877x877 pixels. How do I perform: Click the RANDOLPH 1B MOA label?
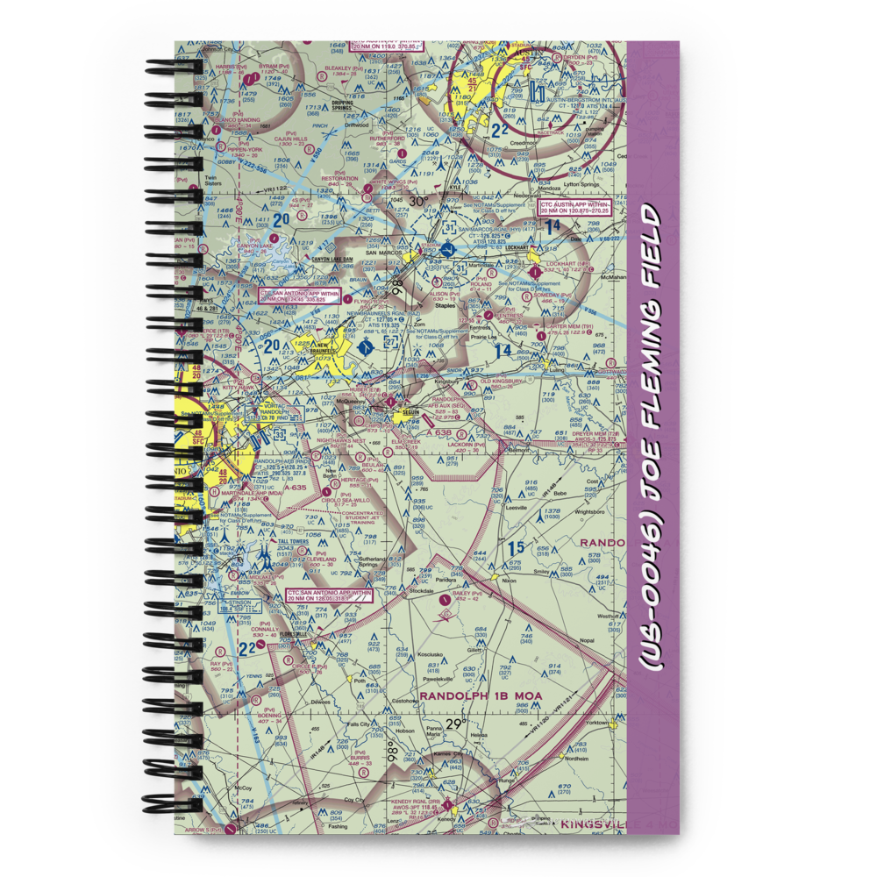[x=481, y=695]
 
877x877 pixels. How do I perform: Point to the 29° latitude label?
[x=455, y=724]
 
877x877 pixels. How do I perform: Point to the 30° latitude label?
[x=419, y=202]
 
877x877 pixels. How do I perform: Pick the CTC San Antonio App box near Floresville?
[x=329, y=596]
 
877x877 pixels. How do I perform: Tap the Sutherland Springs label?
[x=379, y=561]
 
